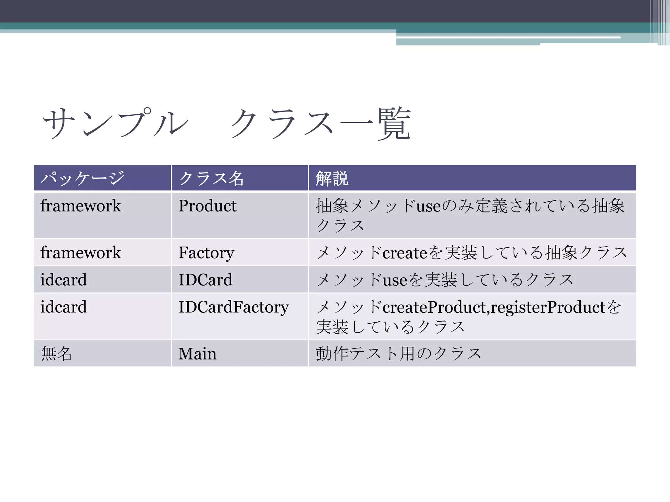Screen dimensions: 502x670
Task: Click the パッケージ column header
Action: (x=82, y=178)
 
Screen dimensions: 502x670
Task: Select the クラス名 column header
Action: (x=211, y=178)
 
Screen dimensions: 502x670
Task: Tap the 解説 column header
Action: (x=332, y=178)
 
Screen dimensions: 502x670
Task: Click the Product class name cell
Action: (x=207, y=206)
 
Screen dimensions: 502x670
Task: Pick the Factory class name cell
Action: (x=206, y=253)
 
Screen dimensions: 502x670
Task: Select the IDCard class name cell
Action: (x=205, y=280)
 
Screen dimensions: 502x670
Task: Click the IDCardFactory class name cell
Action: (x=234, y=307)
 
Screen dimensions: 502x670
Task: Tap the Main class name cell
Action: (x=197, y=354)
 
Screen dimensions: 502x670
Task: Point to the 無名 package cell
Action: (x=56, y=354)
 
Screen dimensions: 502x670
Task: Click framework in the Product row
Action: (x=80, y=206)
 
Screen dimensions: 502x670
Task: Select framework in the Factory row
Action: (x=80, y=253)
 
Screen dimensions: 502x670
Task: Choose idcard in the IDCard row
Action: (x=63, y=280)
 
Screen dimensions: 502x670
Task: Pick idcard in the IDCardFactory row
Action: (x=63, y=307)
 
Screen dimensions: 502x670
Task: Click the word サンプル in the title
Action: (x=115, y=123)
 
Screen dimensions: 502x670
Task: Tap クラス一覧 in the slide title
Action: (x=321, y=123)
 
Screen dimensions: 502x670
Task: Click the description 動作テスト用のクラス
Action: (x=398, y=354)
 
